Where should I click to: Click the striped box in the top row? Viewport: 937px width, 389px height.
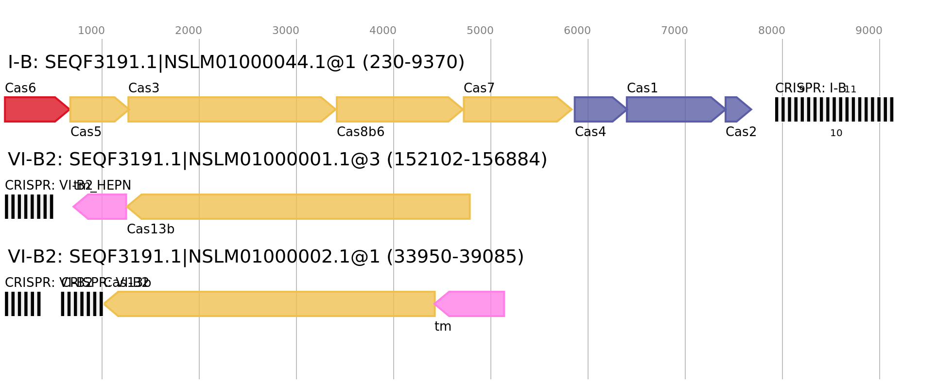coord(834,109)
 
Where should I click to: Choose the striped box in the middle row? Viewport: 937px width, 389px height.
coord(29,207)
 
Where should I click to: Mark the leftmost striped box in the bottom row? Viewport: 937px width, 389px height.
coord(23,304)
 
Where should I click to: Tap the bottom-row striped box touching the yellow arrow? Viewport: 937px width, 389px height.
coord(82,304)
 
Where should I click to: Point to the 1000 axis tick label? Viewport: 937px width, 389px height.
coord(91,31)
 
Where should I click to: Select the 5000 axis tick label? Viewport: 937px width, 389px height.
coord(480,31)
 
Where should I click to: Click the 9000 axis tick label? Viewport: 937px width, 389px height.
coord(869,31)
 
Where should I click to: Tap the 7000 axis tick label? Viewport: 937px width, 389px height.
coord(675,31)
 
